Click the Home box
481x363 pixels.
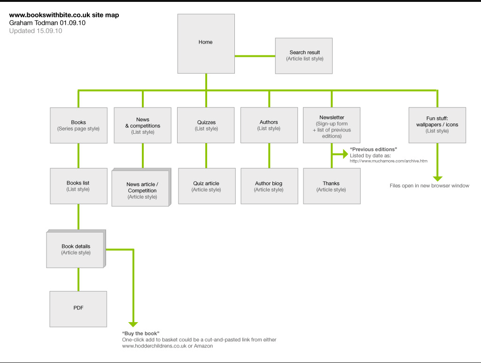click(x=206, y=44)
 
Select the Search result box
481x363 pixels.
click(x=304, y=56)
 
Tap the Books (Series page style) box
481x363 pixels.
click(x=79, y=125)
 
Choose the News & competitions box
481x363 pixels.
click(x=143, y=125)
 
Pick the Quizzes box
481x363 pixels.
click(x=206, y=125)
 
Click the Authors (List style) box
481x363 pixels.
click(x=269, y=125)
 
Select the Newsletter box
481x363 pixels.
click(x=332, y=125)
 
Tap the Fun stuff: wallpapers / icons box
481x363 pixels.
click(x=437, y=125)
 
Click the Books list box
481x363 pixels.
click(x=79, y=186)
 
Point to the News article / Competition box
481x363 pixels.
click(x=141, y=188)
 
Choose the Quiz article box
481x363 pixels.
click(x=207, y=186)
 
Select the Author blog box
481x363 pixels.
click(x=269, y=186)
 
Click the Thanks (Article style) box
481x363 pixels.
click(x=332, y=186)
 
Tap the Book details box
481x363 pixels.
click(x=76, y=249)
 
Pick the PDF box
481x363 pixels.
click(x=78, y=309)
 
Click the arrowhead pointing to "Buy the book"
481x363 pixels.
click(x=133, y=324)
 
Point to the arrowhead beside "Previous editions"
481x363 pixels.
click(x=345, y=154)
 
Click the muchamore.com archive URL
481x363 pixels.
click(x=388, y=161)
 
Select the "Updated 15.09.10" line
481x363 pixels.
click(x=36, y=31)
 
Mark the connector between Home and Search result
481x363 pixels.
click(x=255, y=56)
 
